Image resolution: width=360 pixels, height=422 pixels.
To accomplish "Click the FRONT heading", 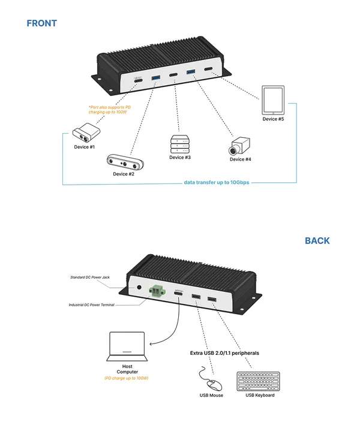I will [x=41, y=23].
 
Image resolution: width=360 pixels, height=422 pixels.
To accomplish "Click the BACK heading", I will [x=317, y=240].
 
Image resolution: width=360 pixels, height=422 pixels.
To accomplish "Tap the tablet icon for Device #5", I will [x=273, y=100].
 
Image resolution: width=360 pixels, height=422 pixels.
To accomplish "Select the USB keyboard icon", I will [x=260, y=381].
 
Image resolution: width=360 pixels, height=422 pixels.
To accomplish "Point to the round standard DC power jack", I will [x=140, y=288].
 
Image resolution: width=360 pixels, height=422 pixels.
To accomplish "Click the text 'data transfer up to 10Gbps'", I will [x=216, y=182].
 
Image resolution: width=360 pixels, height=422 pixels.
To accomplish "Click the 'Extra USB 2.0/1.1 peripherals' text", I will [x=224, y=353].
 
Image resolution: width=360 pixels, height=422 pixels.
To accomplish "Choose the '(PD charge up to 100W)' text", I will [x=126, y=378].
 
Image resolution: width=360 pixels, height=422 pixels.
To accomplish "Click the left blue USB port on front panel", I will [x=156, y=79].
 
